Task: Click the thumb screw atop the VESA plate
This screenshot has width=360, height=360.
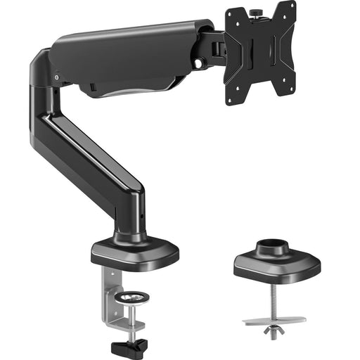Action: [258, 12]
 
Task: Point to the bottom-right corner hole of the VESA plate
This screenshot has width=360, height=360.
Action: [289, 89]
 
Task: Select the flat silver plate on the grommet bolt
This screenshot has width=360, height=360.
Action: [274, 321]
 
